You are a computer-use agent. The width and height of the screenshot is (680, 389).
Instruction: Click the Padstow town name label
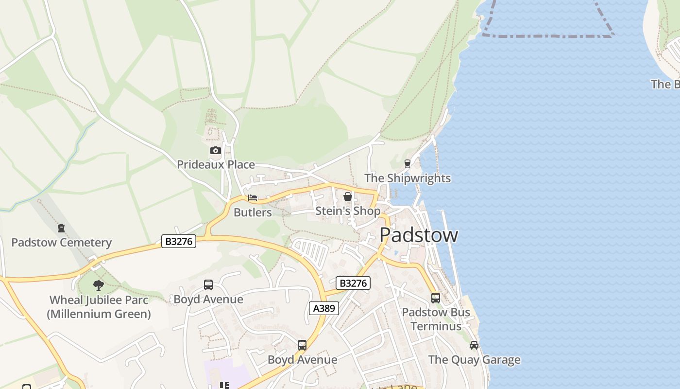pos(419,235)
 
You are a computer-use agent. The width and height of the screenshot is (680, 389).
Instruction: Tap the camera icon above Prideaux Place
pos(216,151)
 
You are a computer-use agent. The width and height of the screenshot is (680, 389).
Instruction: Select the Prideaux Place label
pos(216,165)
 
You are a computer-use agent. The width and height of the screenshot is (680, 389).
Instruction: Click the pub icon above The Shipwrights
pos(408,164)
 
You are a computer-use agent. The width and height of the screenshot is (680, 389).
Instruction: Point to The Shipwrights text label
pos(408,178)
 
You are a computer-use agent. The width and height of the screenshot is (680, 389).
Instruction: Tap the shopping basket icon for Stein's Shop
pos(348,196)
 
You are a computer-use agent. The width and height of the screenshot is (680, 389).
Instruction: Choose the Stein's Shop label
pos(348,211)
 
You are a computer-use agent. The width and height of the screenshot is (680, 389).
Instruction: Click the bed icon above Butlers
pos(253,198)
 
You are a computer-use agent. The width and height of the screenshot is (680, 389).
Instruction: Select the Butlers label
pos(253,212)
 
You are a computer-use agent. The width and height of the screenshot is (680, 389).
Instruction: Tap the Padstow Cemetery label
pos(62,243)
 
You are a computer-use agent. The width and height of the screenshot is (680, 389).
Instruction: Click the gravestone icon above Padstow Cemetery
pos(61,228)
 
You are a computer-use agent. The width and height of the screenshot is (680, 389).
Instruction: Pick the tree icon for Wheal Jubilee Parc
pos(99,285)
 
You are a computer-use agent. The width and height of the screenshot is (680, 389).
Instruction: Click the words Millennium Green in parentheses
pos(99,314)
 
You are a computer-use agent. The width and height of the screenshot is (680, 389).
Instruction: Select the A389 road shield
pos(324,308)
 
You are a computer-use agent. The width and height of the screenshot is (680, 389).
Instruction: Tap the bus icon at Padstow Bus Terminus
pos(436,298)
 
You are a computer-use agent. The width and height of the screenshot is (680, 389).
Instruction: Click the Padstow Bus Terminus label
pos(436,319)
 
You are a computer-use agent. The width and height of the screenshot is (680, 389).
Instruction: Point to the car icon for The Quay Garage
pos(474,345)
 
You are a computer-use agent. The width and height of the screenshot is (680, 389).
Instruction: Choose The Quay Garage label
pos(474,360)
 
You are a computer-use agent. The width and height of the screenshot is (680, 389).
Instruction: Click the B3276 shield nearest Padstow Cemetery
pos(179,241)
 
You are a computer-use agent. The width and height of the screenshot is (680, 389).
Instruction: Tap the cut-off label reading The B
pos(665,84)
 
